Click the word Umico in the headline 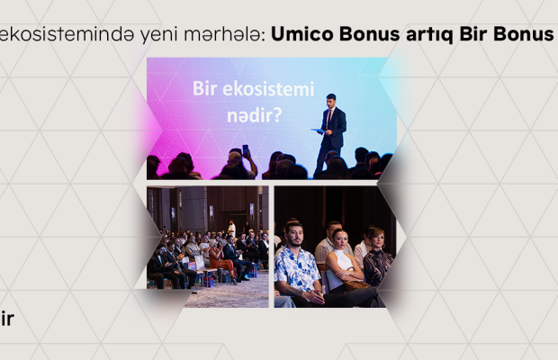302,34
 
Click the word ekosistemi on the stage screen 268,89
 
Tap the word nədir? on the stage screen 255,115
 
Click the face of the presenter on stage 330,102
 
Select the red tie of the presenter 328,119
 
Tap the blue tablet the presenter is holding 318,130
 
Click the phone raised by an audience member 246,150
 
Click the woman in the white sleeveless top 342,262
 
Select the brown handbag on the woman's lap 355,283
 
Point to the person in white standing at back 231,229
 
